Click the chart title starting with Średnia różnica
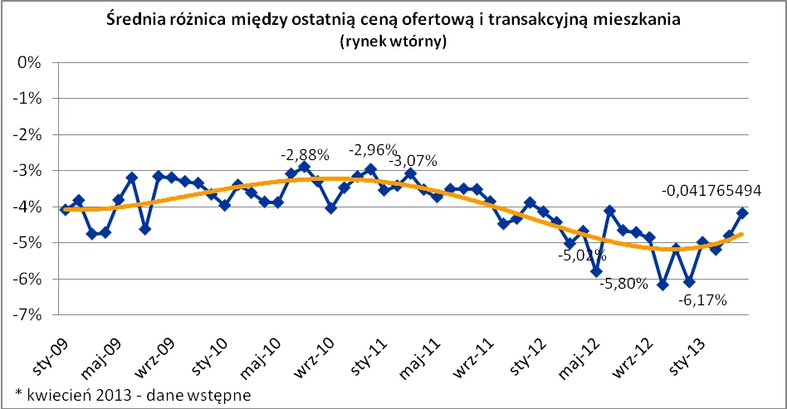[393, 20]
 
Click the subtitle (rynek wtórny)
[393, 42]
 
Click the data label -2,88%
[305, 154]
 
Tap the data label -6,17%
[702, 300]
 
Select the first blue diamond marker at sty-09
[65, 210]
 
